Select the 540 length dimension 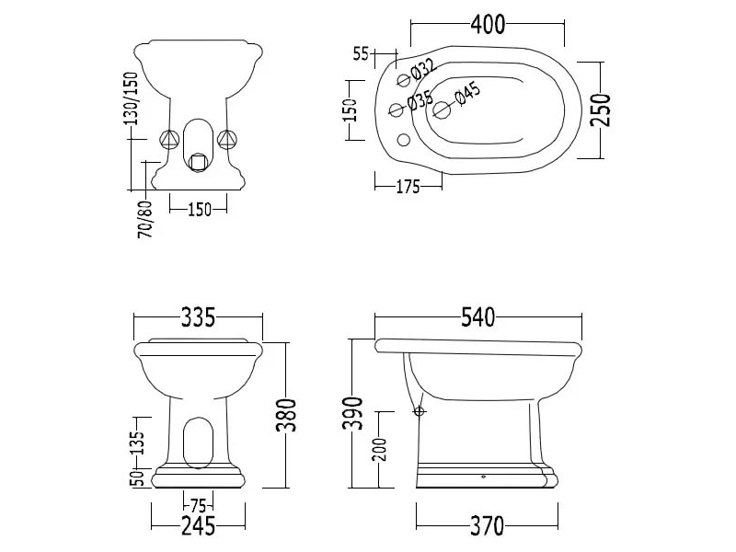click(478, 317)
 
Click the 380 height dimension click(287, 416)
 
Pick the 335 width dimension click(198, 317)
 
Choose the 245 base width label click(198, 525)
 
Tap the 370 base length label click(487, 525)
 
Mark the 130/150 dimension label click(131, 98)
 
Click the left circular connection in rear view click(167, 140)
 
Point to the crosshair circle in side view click(420, 410)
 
